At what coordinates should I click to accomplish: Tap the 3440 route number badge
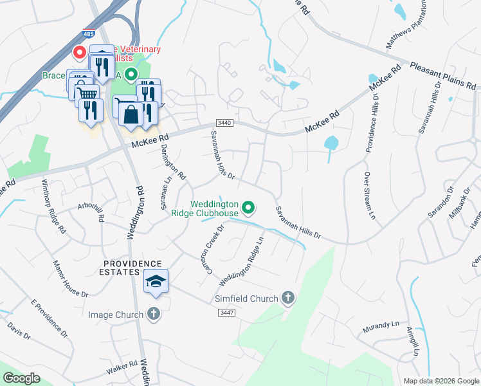point(223,123)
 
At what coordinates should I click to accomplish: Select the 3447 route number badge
point(225,312)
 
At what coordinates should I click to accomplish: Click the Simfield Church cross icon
point(288,298)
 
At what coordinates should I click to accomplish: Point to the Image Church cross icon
point(153,314)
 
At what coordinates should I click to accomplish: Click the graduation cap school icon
point(157,280)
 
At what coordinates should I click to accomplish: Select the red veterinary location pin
point(80,51)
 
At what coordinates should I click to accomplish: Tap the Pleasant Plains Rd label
point(442,75)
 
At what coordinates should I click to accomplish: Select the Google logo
point(22,378)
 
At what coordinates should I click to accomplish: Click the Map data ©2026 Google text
point(440,381)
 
